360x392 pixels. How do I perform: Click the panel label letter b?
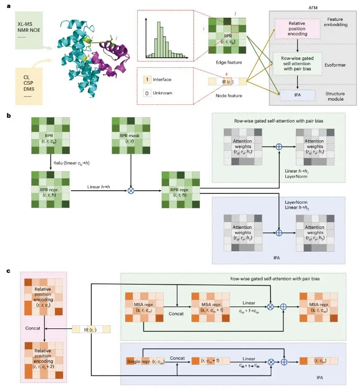pos(8,112)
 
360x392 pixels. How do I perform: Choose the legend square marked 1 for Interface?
pos(147,79)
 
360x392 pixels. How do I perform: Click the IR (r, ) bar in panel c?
pos(92,330)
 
